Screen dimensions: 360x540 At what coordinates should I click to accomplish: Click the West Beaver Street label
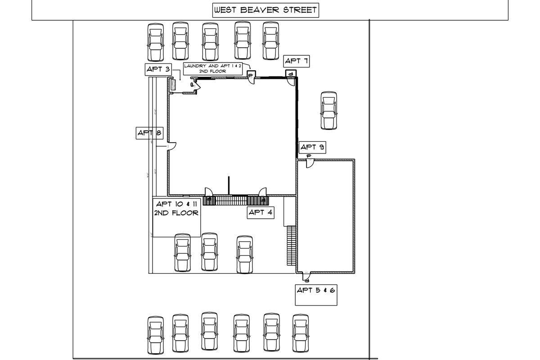(x=265, y=10)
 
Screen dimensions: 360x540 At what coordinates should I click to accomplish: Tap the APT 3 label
(x=158, y=69)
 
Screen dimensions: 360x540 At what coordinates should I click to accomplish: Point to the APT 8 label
(x=149, y=133)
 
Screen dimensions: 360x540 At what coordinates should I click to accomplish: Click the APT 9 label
(x=313, y=147)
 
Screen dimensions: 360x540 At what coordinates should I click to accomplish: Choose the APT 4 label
(x=261, y=212)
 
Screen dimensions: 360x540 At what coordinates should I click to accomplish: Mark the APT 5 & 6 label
(x=316, y=290)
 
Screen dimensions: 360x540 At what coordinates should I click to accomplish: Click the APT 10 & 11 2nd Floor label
(x=176, y=208)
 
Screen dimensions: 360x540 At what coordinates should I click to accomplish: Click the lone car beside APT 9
(x=328, y=111)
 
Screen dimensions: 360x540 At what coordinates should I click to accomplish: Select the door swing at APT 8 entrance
(x=171, y=147)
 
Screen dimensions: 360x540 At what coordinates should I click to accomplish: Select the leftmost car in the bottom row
(x=155, y=334)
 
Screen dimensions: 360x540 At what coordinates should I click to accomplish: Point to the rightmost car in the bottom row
(x=301, y=333)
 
